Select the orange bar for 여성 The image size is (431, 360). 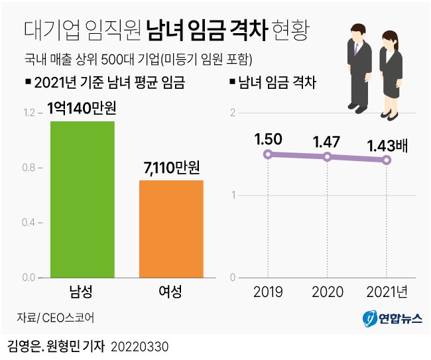pos(171,228)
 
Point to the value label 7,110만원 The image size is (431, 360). pos(172,167)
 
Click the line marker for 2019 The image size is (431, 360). pos(267,154)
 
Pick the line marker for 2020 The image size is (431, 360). pos(327,156)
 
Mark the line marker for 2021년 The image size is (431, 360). pos(387,160)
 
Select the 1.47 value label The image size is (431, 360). pos(327,141)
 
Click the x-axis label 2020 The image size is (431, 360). pos(327,292)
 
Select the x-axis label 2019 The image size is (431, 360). pos(267,292)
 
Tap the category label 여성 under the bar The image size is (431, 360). pos(170,292)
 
